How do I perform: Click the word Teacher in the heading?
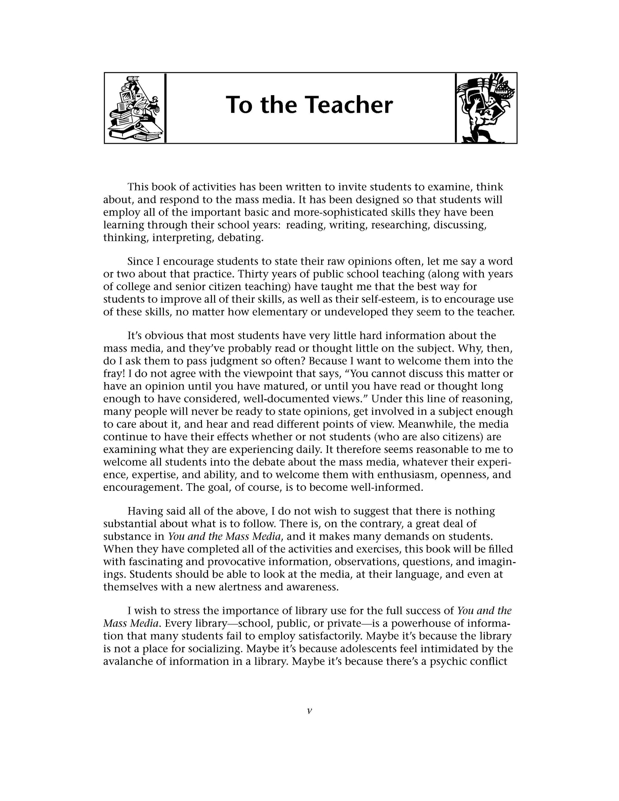[x=350, y=105]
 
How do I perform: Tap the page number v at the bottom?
[x=309, y=711]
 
